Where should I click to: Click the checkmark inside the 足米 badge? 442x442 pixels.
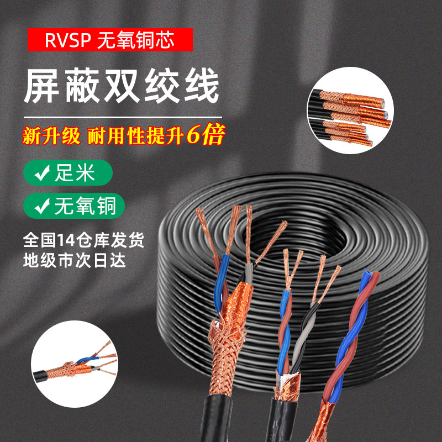pos(40,173)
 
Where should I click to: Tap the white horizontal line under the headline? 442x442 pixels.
pos(122,117)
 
